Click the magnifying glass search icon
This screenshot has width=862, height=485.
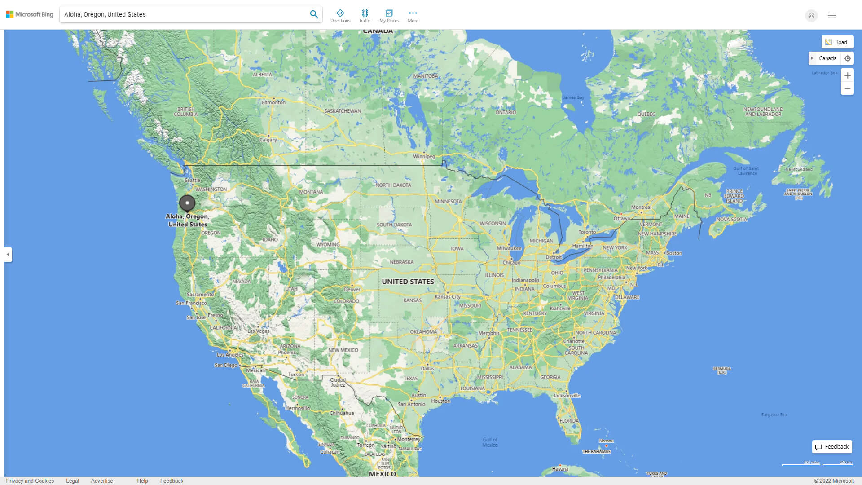314,14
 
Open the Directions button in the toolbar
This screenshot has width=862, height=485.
340,16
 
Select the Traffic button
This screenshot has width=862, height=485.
365,16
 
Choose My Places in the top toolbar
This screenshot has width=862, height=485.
389,16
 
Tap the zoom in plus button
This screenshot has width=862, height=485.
847,75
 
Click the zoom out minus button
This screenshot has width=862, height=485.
847,88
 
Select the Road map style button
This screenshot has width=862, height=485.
837,42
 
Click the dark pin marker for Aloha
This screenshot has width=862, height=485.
187,203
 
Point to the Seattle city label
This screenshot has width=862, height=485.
192,180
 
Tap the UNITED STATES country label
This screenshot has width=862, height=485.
408,282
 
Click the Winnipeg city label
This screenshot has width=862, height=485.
424,156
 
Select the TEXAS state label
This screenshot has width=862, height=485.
410,378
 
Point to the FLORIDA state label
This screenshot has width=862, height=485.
569,421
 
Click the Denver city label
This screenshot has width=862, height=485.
352,290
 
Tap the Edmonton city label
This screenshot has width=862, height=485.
273,102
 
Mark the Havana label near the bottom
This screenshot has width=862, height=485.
560,469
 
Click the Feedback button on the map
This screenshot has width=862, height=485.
832,447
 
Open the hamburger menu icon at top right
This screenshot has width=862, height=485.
832,15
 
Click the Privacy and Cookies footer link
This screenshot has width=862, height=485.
30,481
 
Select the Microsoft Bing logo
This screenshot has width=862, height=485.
30,14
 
